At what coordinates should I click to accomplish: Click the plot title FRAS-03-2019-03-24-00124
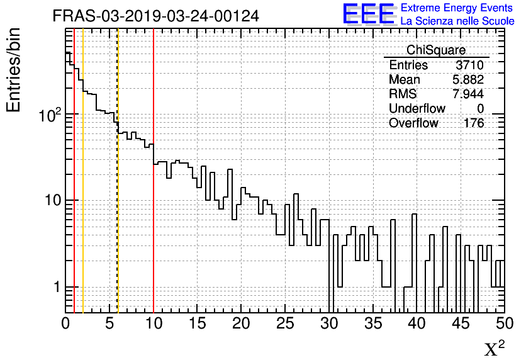click(x=155, y=16)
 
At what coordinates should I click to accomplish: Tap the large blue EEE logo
click(x=369, y=14)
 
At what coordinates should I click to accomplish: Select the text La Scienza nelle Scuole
click(x=457, y=21)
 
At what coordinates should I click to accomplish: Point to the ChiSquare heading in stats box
click(x=436, y=50)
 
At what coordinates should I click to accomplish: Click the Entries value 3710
click(x=470, y=65)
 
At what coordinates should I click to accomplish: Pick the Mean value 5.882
click(x=468, y=80)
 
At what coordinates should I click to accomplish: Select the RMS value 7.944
click(x=468, y=94)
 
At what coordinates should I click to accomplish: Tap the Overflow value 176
click(x=474, y=123)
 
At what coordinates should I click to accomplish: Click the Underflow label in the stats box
click(x=417, y=109)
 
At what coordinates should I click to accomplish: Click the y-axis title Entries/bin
click(x=14, y=70)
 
